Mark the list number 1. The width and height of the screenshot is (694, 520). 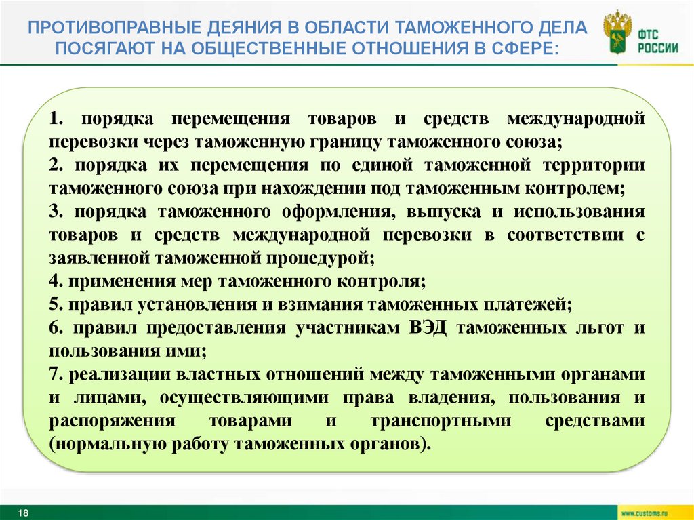[55, 119]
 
